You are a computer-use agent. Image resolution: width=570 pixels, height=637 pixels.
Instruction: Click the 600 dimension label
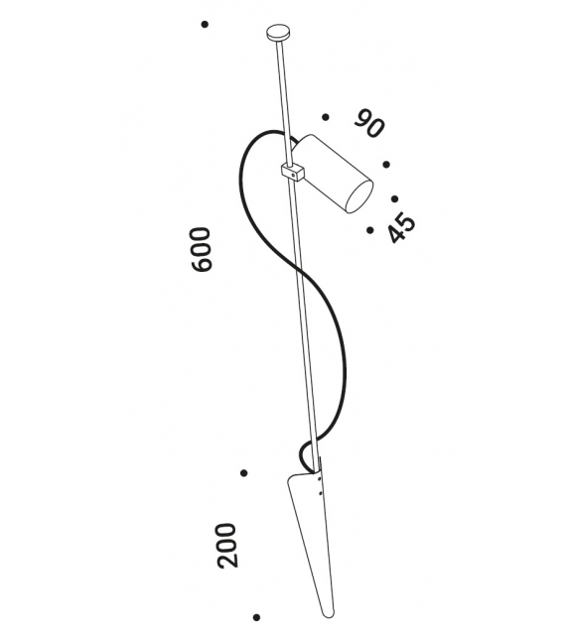202,249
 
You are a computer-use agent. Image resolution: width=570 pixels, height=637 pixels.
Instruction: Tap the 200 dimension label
226,545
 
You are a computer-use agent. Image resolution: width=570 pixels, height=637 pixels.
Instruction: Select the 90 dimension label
368,123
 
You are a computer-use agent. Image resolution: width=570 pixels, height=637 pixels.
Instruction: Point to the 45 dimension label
401,229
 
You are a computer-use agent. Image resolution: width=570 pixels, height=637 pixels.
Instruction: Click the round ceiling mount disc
278,33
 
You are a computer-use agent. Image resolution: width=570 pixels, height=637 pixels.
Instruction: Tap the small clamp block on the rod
293,172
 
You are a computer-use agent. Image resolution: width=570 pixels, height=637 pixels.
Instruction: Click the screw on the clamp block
294,175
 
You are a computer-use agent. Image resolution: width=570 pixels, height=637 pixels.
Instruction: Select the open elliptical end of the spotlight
358,196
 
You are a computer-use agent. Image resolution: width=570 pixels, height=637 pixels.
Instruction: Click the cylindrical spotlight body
332,173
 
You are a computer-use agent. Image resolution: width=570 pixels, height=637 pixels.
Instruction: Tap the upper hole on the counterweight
319,479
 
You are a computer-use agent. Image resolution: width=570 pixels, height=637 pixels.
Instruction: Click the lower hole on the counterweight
321,493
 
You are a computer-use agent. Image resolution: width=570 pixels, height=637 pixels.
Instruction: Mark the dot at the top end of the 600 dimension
205,25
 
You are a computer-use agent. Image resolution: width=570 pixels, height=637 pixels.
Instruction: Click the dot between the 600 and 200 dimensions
243,473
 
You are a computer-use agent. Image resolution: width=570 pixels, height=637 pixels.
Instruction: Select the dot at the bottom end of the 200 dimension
256,617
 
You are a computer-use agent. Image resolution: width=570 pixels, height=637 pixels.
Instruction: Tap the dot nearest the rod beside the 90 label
326,117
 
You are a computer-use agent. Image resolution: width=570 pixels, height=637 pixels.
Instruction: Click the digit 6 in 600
202,264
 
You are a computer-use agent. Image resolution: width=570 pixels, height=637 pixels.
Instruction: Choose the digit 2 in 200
226,561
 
